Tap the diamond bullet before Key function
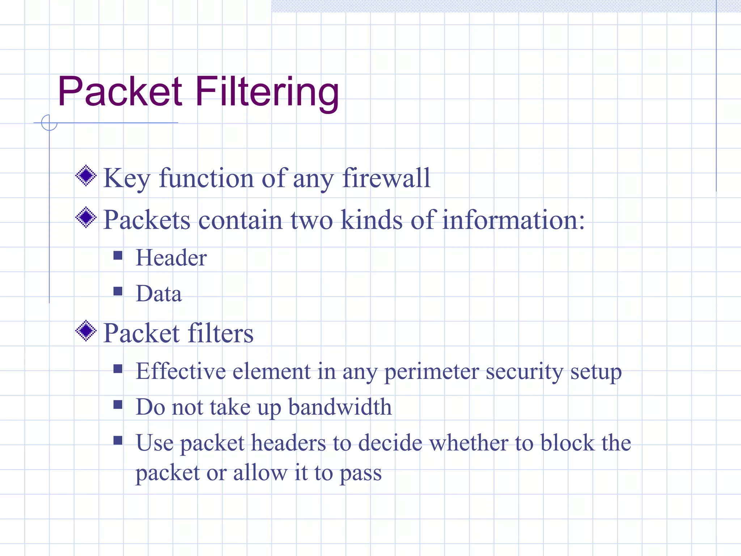pos(86,176)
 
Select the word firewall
pos(386,178)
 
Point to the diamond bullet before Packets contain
pos(86,218)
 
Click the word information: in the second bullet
pos(513,220)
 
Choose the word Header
pos(171,258)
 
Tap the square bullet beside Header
pos(118,256)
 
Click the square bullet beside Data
pos(118,291)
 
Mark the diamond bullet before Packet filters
pos(86,330)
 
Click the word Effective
pos(181,371)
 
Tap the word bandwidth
pos(340,407)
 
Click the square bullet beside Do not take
pos(118,404)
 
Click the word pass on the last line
pos(361,473)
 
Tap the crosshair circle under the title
pos(49,123)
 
